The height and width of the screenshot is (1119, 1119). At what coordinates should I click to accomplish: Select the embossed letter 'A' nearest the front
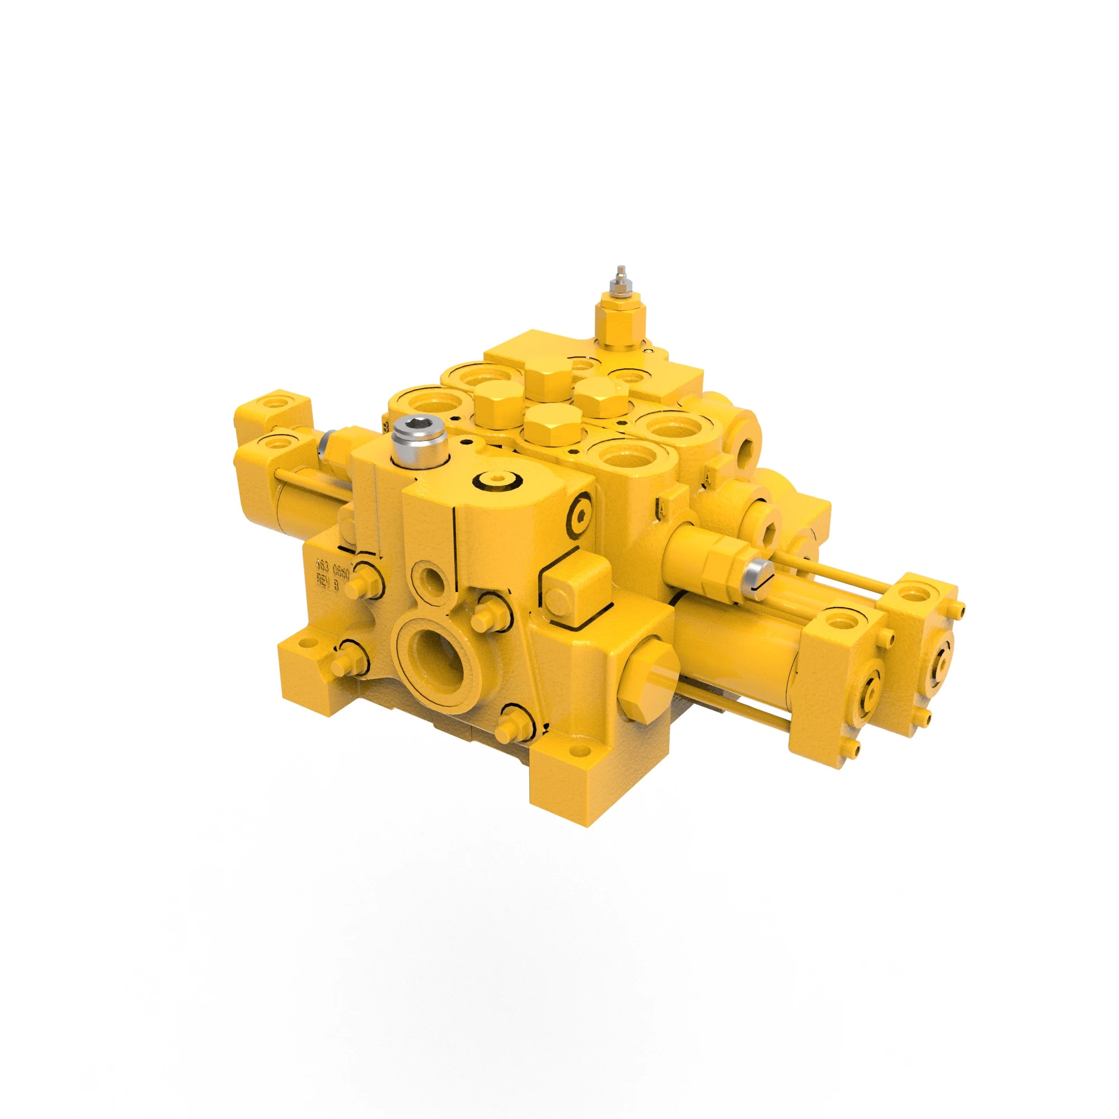[662, 509]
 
